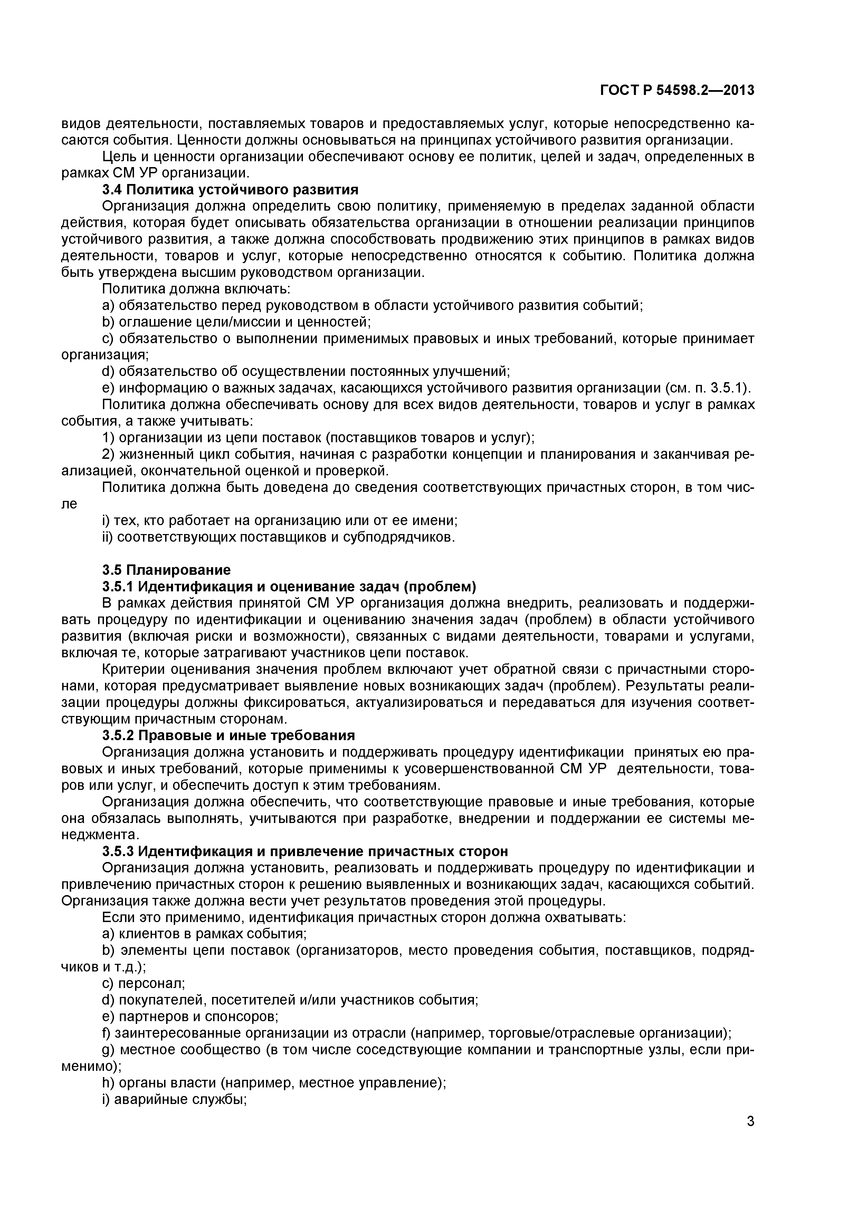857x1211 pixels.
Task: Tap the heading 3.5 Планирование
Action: pos(166,570)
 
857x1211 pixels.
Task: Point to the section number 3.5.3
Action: pos(118,852)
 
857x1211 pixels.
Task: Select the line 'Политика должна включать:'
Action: pos(196,289)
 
